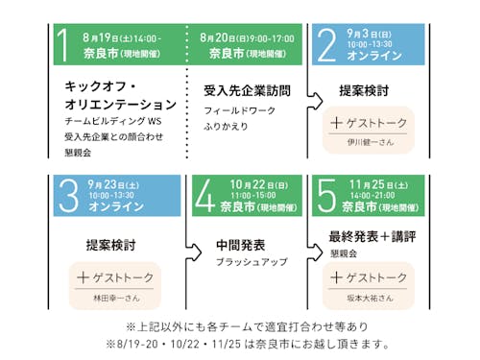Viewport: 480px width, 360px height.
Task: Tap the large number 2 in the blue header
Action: coord(327,45)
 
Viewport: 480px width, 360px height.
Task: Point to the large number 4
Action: coord(204,195)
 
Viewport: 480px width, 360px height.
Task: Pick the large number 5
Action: coord(327,195)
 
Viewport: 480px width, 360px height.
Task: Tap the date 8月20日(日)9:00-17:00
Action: coord(248,37)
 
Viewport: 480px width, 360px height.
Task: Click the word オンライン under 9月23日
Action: coord(108,206)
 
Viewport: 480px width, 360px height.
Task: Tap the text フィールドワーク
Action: coord(236,111)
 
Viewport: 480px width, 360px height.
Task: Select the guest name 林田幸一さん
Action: coord(115,298)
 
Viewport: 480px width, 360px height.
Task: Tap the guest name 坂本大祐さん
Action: coord(370,298)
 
